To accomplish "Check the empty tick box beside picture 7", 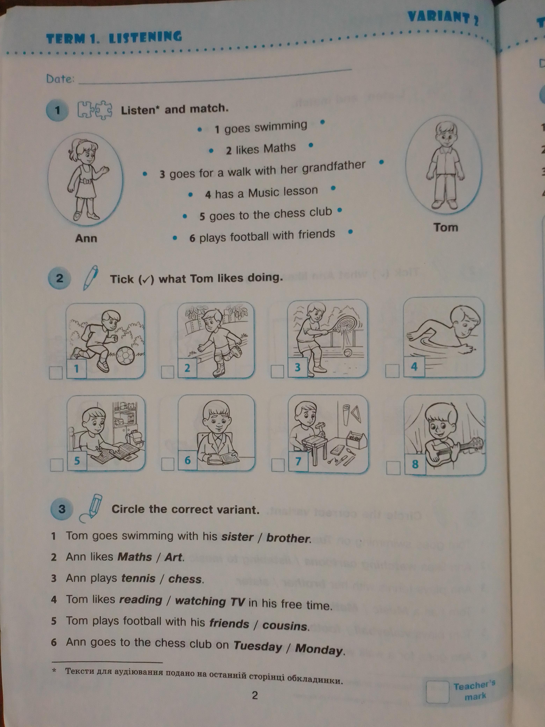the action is click(278, 465).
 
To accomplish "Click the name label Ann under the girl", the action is click(86, 238).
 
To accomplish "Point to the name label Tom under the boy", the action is click(445, 227).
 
